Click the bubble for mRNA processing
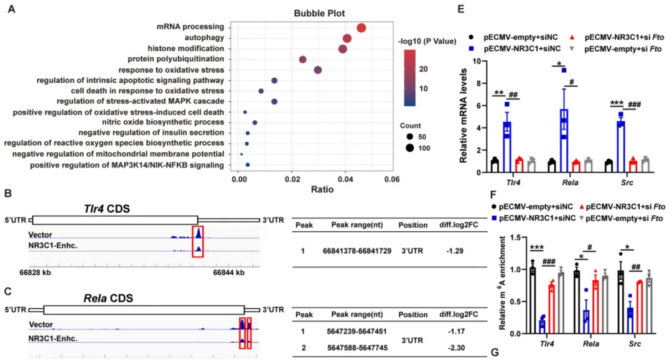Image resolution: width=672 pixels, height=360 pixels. (361, 27)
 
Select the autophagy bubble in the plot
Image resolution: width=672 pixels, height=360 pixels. (347, 39)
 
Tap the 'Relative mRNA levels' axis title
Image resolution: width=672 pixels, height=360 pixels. (464, 118)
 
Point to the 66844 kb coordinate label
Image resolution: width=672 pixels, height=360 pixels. (230, 272)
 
